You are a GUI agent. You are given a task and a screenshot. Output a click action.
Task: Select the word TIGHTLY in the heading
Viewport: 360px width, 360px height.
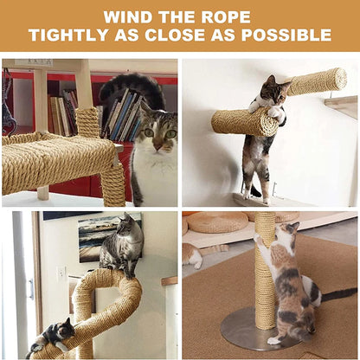tap(68, 35)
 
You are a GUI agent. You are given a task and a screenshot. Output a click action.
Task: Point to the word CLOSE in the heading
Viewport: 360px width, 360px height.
tap(191, 35)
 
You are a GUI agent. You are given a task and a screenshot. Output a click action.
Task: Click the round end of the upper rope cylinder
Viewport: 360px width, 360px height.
tap(337, 80)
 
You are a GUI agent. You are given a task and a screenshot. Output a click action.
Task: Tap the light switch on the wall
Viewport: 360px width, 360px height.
tap(61, 273)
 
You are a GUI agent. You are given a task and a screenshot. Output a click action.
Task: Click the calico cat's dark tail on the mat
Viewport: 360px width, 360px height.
tap(338, 294)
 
